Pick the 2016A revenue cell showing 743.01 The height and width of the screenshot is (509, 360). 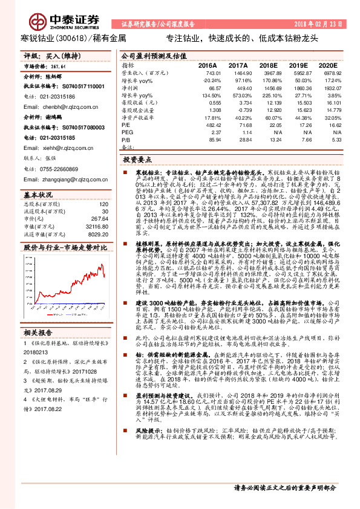point(207,72)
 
